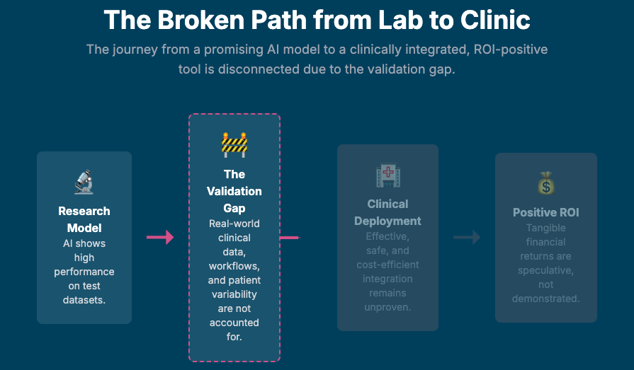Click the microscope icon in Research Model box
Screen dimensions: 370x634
(x=84, y=183)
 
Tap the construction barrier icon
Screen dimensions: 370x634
(x=234, y=145)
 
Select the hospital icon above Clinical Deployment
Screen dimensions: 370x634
(x=388, y=175)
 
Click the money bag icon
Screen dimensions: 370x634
(x=545, y=184)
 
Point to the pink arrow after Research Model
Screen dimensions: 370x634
(x=160, y=238)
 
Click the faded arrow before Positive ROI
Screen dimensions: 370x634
(x=467, y=238)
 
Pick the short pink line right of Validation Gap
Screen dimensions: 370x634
(x=289, y=238)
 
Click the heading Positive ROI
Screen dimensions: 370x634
(x=545, y=212)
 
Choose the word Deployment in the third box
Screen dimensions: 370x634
(x=388, y=221)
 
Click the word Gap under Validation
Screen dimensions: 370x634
(x=234, y=208)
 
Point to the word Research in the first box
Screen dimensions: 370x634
(x=84, y=211)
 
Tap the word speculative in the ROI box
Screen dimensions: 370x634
(x=545, y=270)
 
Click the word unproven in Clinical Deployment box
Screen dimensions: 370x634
(x=388, y=307)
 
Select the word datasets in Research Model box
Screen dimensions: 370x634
(x=84, y=300)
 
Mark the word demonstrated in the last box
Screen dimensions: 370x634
(x=545, y=299)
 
